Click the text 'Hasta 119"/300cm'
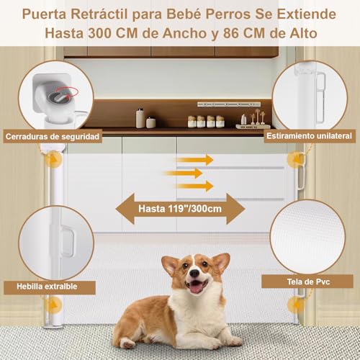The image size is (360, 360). [x=180, y=209]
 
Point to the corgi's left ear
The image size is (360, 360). [x=170, y=264]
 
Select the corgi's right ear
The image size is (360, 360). [x=220, y=261]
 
